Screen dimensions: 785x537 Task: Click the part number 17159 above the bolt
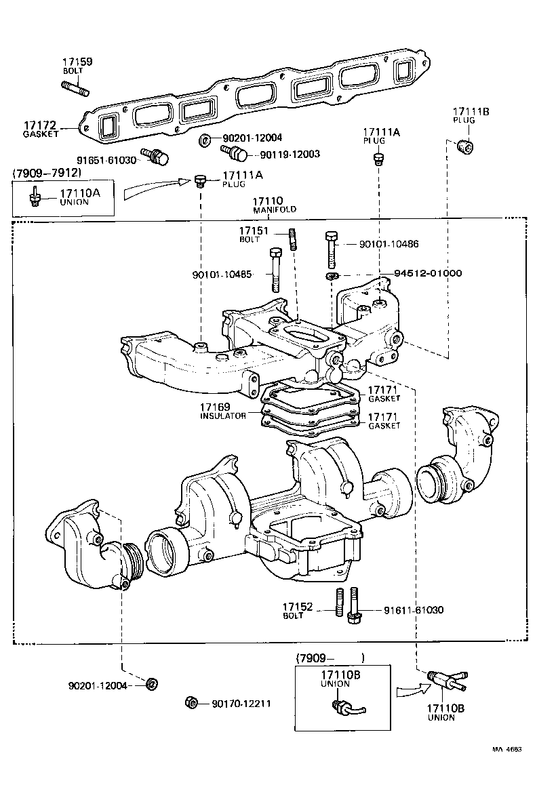click(x=78, y=62)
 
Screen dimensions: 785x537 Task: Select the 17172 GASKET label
click(x=41, y=129)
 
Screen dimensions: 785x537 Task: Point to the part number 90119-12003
click(x=290, y=155)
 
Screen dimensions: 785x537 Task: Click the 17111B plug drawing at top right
click(x=464, y=146)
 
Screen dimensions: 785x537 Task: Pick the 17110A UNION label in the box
click(x=79, y=197)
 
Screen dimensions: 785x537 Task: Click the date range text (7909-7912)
click(x=46, y=174)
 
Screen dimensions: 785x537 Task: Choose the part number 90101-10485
click(x=222, y=275)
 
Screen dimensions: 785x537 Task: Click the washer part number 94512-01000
click(x=428, y=273)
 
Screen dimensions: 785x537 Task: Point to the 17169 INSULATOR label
click(x=222, y=411)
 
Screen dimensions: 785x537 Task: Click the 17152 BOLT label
click(x=298, y=610)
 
